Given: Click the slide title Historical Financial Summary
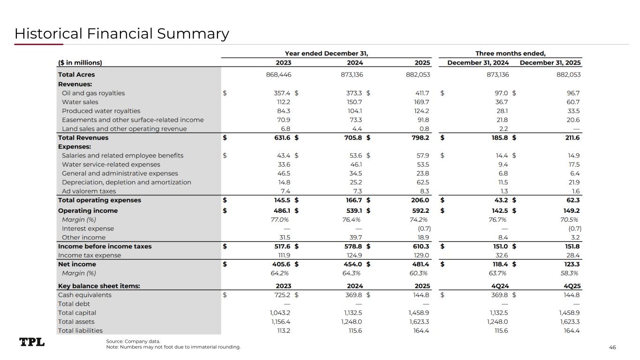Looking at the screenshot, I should point(122,34).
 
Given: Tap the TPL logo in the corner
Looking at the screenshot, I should point(32,342).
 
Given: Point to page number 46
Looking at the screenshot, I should point(612,347).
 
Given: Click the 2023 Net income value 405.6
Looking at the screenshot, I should point(281,264).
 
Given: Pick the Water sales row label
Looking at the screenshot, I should point(80,102).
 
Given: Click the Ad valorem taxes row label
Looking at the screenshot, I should point(89,191).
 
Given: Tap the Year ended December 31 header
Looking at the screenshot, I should point(330,53).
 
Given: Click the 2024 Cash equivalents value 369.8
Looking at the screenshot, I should point(353,295).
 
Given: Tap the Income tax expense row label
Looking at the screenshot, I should point(90,255).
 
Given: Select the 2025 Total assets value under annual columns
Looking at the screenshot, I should point(419,322).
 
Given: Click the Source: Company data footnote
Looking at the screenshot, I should point(133,341).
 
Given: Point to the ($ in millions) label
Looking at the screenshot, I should point(80,63).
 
